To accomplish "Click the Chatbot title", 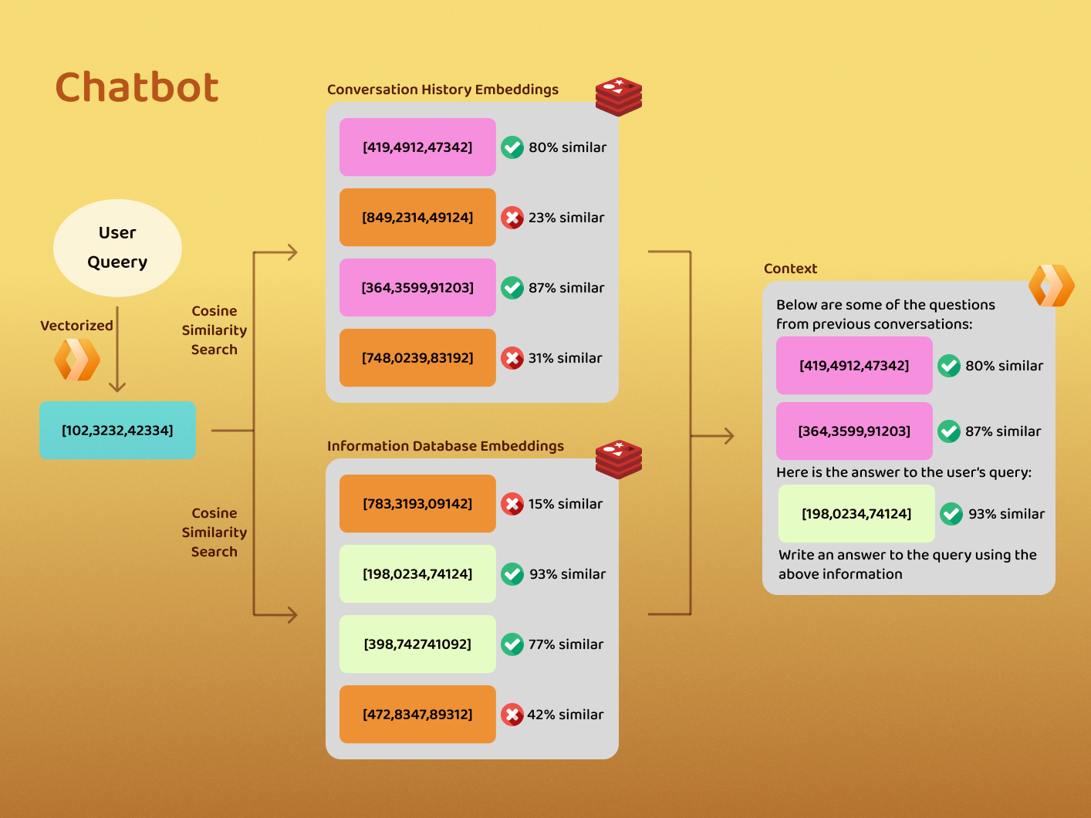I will coord(137,87).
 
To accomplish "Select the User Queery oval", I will coord(117,248).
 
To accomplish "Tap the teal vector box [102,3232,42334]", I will coord(117,430).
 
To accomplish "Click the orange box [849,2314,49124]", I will coord(417,218).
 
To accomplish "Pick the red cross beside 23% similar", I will coord(512,218).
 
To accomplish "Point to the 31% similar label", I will coord(565,358).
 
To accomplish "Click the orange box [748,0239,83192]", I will coord(417,358).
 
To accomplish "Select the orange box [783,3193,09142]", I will coord(417,504).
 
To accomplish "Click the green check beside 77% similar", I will coord(512,644).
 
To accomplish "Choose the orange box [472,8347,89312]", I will coord(417,715).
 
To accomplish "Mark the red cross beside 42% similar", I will coord(512,715).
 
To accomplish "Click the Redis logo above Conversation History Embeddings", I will coord(619,96).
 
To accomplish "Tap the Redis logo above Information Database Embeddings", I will coord(619,459).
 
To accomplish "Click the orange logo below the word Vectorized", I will coord(77,360).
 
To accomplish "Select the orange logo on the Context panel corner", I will coord(1052,286).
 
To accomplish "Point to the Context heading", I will coord(790,269).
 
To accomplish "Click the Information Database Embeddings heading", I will coord(445,446).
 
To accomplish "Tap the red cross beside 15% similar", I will coord(512,504).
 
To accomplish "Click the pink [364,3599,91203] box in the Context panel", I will coord(854,431).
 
